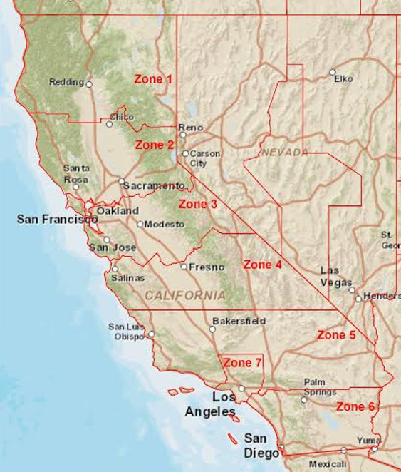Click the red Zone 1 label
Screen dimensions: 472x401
(x=153, y=79)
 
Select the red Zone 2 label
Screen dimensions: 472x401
(x=155, y=145)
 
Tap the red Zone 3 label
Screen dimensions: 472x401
(x=197, y=205)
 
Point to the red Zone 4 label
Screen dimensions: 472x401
(x=263, y=265)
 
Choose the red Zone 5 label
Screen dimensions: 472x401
(x=336, y=334)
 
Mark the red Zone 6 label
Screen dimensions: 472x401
(x=355, y=406)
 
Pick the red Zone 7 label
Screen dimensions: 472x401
(x=242, y=363)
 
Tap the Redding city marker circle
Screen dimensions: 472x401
(x=89, y=83)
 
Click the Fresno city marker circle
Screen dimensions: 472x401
(x=184, y=267)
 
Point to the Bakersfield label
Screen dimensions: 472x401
(x=239, y=321)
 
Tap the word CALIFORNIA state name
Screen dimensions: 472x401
(x=185, y=295)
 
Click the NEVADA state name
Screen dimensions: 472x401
(x=284, y=153)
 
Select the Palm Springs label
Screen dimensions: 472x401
(x=319, y=387)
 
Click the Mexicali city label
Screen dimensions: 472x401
(x=328, y=463)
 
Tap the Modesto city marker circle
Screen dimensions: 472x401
(x=140, y=224)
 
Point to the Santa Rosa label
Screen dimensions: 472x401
(x=76, y=173)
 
